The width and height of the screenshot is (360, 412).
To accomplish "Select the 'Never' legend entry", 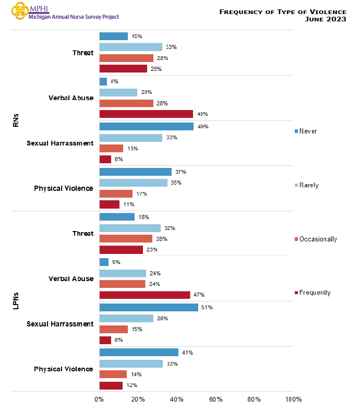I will pos(308,131).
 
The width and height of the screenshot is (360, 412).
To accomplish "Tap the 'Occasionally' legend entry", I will pos(318,239).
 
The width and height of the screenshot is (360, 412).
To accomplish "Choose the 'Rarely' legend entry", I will pos(309,185).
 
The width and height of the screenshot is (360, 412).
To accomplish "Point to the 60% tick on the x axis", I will pos(215,399).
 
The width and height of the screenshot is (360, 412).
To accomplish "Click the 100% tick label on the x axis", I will pos(293,399).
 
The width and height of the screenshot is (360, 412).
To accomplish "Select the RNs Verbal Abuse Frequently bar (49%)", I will pos(146,114).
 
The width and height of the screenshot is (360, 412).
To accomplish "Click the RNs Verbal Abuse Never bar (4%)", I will pos(103,82).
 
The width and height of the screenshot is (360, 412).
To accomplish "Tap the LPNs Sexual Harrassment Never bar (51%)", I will pos(149,308).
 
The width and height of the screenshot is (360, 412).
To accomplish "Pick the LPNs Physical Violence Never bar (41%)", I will pos(139,353).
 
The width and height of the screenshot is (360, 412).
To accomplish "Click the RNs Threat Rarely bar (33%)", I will pos(131,47).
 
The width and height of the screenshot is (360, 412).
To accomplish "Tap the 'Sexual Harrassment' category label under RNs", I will pos(60,143).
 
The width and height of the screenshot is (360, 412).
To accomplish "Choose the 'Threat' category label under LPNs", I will pos(83,233).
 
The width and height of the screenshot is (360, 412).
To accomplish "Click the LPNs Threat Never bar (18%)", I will pos(117,217).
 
